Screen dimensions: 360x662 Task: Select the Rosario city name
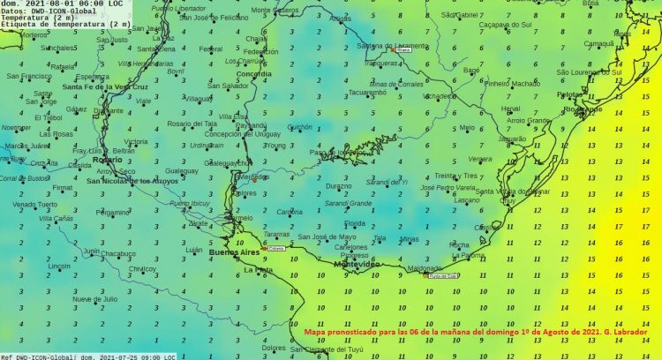pos(107,160)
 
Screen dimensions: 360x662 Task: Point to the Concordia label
pos(254,74)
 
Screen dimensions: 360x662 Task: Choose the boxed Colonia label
pos(278,249)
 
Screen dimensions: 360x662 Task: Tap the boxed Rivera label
pos(404,50)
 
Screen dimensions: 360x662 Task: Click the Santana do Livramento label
pos(381,44)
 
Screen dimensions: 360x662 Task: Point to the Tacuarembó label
pos(368,92)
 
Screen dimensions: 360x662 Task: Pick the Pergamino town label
pos(113,212)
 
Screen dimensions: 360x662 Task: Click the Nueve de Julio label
pos(94,299)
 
